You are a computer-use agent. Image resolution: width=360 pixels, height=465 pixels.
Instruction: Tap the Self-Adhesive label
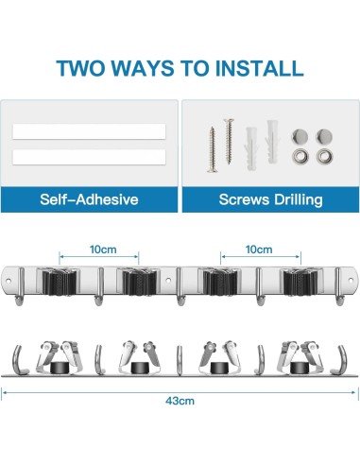(x=90, y=200)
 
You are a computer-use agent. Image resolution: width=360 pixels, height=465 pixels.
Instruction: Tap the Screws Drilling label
(x=270, y=200)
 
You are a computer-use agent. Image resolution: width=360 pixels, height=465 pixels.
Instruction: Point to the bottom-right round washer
(x=328, y=157)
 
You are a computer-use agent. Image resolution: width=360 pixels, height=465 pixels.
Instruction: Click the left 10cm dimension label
(x=97, y=250)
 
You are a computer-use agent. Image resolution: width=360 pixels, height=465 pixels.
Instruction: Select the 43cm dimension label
(x=180, y=400)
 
